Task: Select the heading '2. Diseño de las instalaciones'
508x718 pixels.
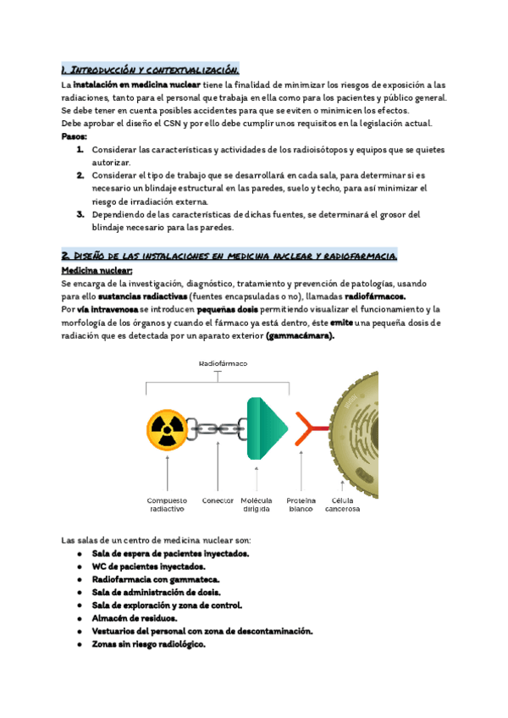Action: [x=230, y=256]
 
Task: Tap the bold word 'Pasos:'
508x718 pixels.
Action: [x=75, y=136]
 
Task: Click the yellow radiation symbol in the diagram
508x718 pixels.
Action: [x=167, y=429]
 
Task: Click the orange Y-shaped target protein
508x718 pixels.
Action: [x=311, y=429]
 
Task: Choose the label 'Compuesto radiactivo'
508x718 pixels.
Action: [x=166, y=505]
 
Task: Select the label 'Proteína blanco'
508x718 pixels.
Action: [x=301, y=505]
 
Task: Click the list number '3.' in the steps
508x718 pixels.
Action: [x=80, y=214]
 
